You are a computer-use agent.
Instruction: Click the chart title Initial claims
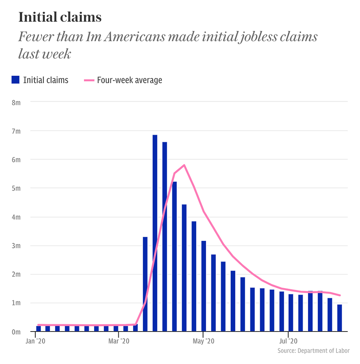click(x=60, y=17)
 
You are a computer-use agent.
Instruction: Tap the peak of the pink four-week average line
click(x=184, y=165)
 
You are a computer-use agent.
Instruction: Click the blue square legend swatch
click(x=15, y=80)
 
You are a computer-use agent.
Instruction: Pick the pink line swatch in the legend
click(x=89, y=80)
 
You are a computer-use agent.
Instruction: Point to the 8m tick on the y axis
click(x=16, y=102)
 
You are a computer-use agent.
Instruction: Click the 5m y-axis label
click(x=16, y=188)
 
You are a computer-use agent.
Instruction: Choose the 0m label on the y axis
click(x=16, y=332)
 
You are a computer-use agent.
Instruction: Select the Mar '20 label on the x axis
click(x=119, y=341)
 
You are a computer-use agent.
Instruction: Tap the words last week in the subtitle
click(x=45, y=54)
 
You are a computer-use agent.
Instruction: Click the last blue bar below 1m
click(x=339, y=318)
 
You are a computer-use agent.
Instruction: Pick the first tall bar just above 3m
click(x=145, y=284)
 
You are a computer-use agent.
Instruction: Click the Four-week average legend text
click(x=129, y=80)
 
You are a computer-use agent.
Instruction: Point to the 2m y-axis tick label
click(x=16, y=274)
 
